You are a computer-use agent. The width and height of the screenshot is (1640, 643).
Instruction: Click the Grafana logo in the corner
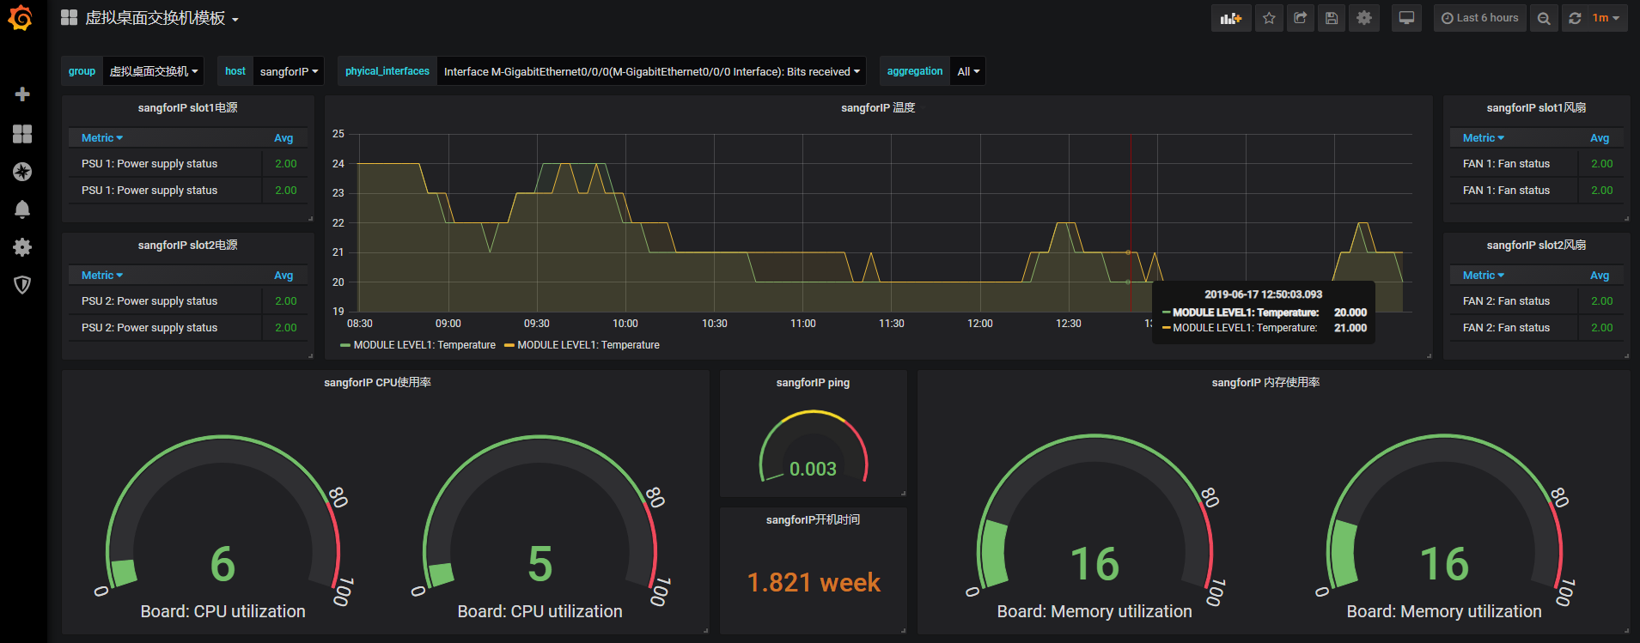click(x=21, y=18)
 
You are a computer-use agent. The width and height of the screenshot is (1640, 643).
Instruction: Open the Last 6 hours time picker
click(x=1479, y=18)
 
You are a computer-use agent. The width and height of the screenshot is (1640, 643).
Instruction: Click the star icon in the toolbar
click(x=1269, y=18)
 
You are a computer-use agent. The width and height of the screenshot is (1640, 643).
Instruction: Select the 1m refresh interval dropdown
click(x=1605, y=18)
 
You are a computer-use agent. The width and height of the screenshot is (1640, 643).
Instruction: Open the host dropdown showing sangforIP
click(x=289, y=71)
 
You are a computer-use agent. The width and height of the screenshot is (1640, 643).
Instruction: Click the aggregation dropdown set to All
click(x=968, y=71)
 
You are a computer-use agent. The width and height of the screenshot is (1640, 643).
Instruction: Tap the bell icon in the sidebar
click(x=22, y=209)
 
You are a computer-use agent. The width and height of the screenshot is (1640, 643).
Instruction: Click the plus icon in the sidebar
click(x=22, y=94)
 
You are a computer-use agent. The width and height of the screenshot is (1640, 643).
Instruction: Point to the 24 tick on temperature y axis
click(x=338, y=163)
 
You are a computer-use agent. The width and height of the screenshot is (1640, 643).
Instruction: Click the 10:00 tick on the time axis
click(x=625, y=324)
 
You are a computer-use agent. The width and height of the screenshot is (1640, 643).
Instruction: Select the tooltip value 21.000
click(x=1350, y=328)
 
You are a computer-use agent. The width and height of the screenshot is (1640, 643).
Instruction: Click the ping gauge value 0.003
click(x=813, y=469)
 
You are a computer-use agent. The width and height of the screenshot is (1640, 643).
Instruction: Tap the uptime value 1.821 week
click(x=814, y=582)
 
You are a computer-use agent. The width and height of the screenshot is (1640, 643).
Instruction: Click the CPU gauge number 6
click(x=223, y=564)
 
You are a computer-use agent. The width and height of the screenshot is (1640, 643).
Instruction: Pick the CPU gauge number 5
click(x=540, y=564)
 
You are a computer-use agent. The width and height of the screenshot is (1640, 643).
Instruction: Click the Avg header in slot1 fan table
click(x=1599, y=138)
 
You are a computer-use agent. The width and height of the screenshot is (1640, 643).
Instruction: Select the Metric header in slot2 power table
click(x=101, y=276)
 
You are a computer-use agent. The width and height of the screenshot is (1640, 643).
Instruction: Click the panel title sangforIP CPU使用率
click(x=377, y=383)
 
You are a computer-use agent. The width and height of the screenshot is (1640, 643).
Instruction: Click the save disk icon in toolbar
click(x=1332, y=18)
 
